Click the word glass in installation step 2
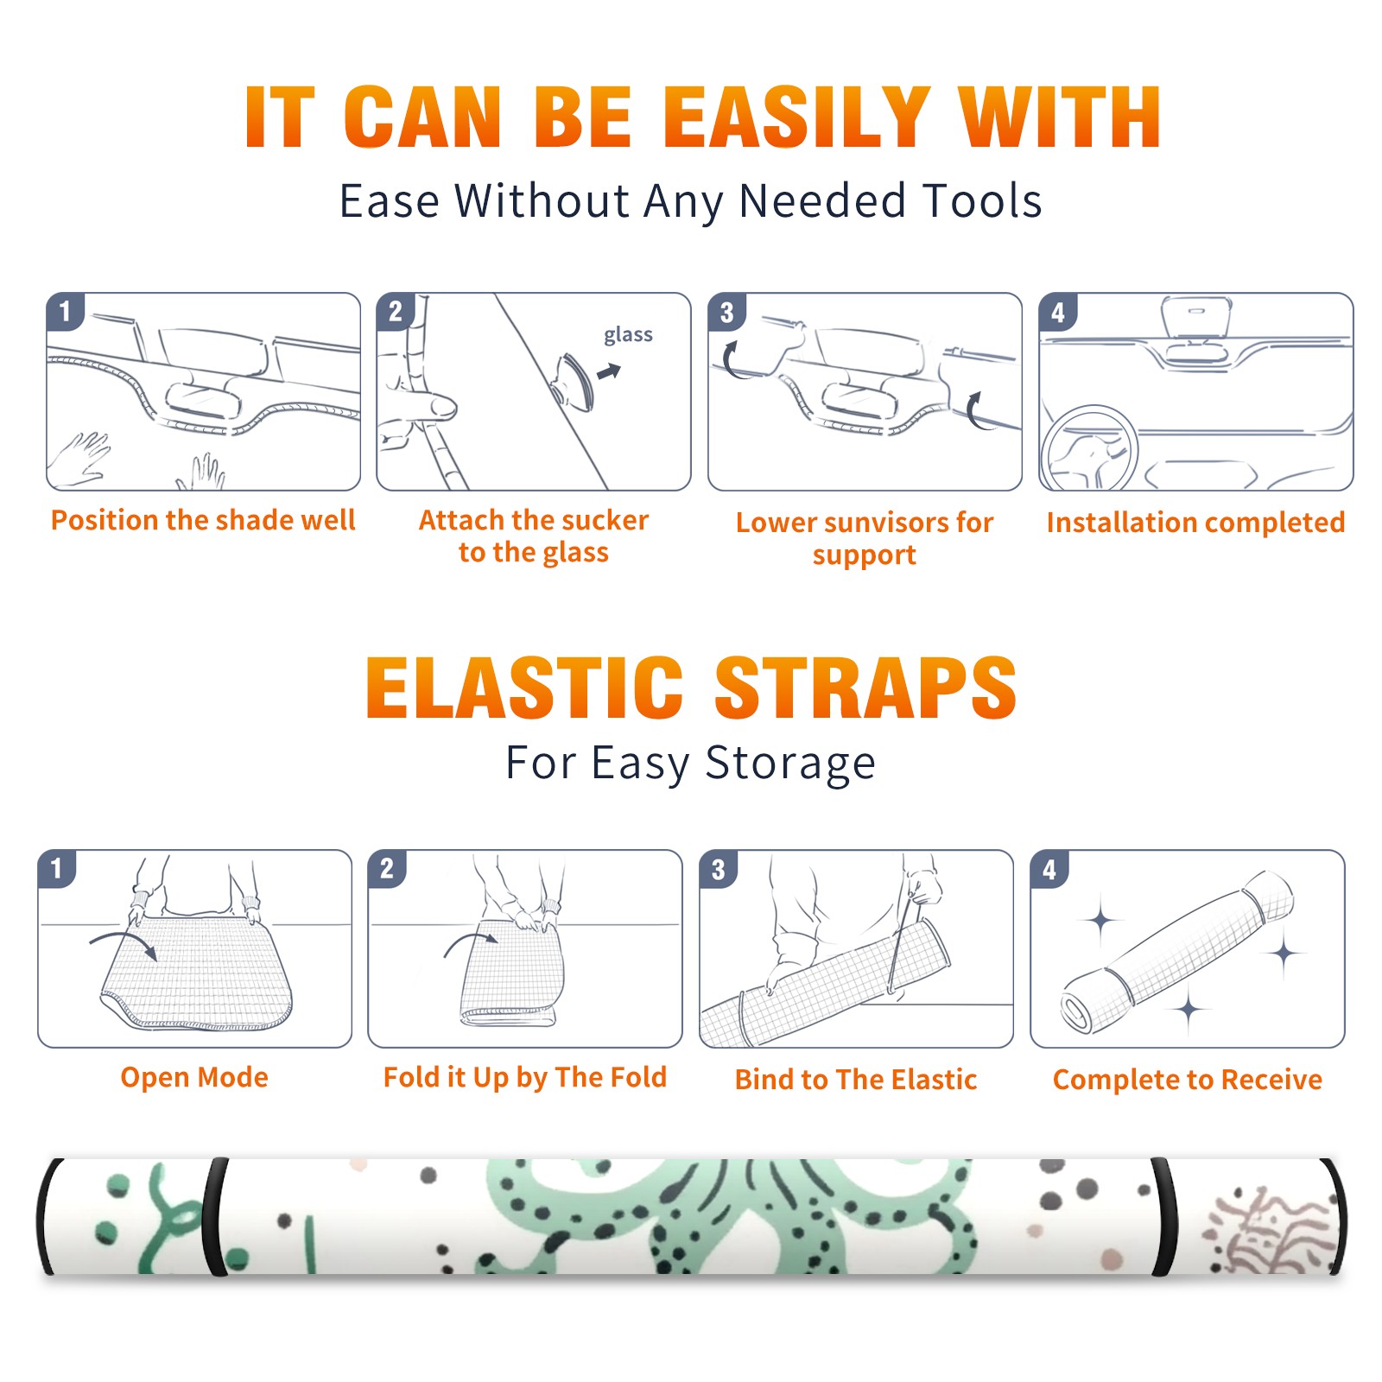pos(628,335)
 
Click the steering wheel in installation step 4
pos(1089,448)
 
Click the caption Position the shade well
pos(203,520)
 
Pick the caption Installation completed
pos(1195,523)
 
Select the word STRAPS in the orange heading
pos(865,688)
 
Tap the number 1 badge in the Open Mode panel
pos(57,869)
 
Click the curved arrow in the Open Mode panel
pos(124,940)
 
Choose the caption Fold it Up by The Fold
pos(525,1077)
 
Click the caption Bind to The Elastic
pos(856,1080)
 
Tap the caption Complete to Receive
pos(1188,1080)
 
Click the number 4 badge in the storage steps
pos(1049,869)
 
